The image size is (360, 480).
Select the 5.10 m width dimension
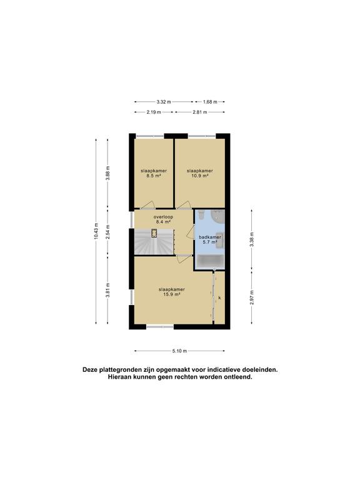pos(180,351)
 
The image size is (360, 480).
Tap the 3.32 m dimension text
pos(164,102)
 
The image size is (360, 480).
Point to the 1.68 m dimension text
pos(210,102)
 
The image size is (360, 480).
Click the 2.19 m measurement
pos(154,112)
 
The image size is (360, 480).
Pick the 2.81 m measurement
pos(200,112)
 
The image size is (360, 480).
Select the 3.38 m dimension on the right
pos(252,240)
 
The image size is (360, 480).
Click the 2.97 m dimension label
pos(252,297)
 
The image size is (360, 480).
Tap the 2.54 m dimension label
pos(107,232)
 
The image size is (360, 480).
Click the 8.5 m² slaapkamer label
pos(154,173)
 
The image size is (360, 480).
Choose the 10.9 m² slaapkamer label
pos(200,173)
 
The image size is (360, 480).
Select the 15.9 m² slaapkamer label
pos(172,292)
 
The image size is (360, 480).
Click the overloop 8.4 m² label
pos(163,219)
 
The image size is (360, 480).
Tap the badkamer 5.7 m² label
pos(210,239)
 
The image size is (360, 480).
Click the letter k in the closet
pos(220,297)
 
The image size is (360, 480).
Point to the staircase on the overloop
pos(154,241)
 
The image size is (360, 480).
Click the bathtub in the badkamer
pos(210,262)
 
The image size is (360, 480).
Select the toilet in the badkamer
pos(201,215)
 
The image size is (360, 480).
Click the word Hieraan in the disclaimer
pos(120,377)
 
